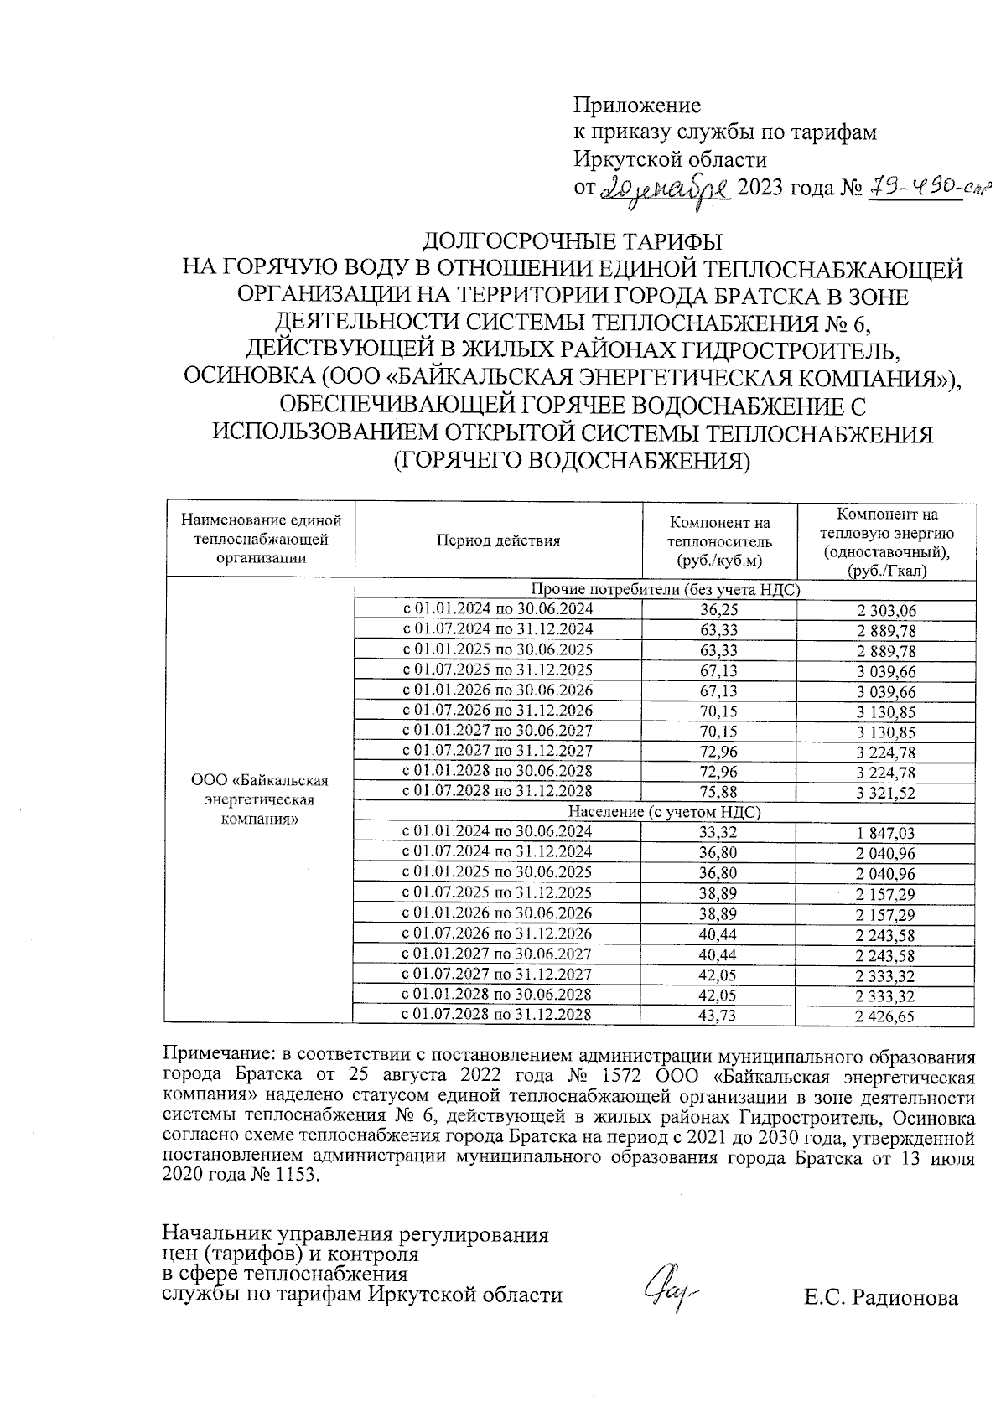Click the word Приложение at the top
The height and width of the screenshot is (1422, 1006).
(637, 106)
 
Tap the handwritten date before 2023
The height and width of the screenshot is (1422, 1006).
(668, 186)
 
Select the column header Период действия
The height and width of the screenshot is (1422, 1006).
(498, 540)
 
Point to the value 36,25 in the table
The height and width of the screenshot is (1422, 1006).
(718, 611)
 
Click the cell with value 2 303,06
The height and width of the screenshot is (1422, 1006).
(886, 612)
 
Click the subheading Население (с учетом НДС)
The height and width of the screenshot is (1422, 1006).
(665, 812)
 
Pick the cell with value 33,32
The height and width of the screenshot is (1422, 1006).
(718, 833)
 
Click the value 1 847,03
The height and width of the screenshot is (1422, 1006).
(886, 834)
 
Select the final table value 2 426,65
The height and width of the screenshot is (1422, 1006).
(886, 1017)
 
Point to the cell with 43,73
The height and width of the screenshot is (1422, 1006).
(718, 1016)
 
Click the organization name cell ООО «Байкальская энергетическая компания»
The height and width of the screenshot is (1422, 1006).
(260, 799)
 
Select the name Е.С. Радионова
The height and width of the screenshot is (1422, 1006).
(880, 1299)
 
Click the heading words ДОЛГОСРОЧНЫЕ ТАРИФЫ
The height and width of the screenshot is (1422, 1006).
(573, 242)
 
